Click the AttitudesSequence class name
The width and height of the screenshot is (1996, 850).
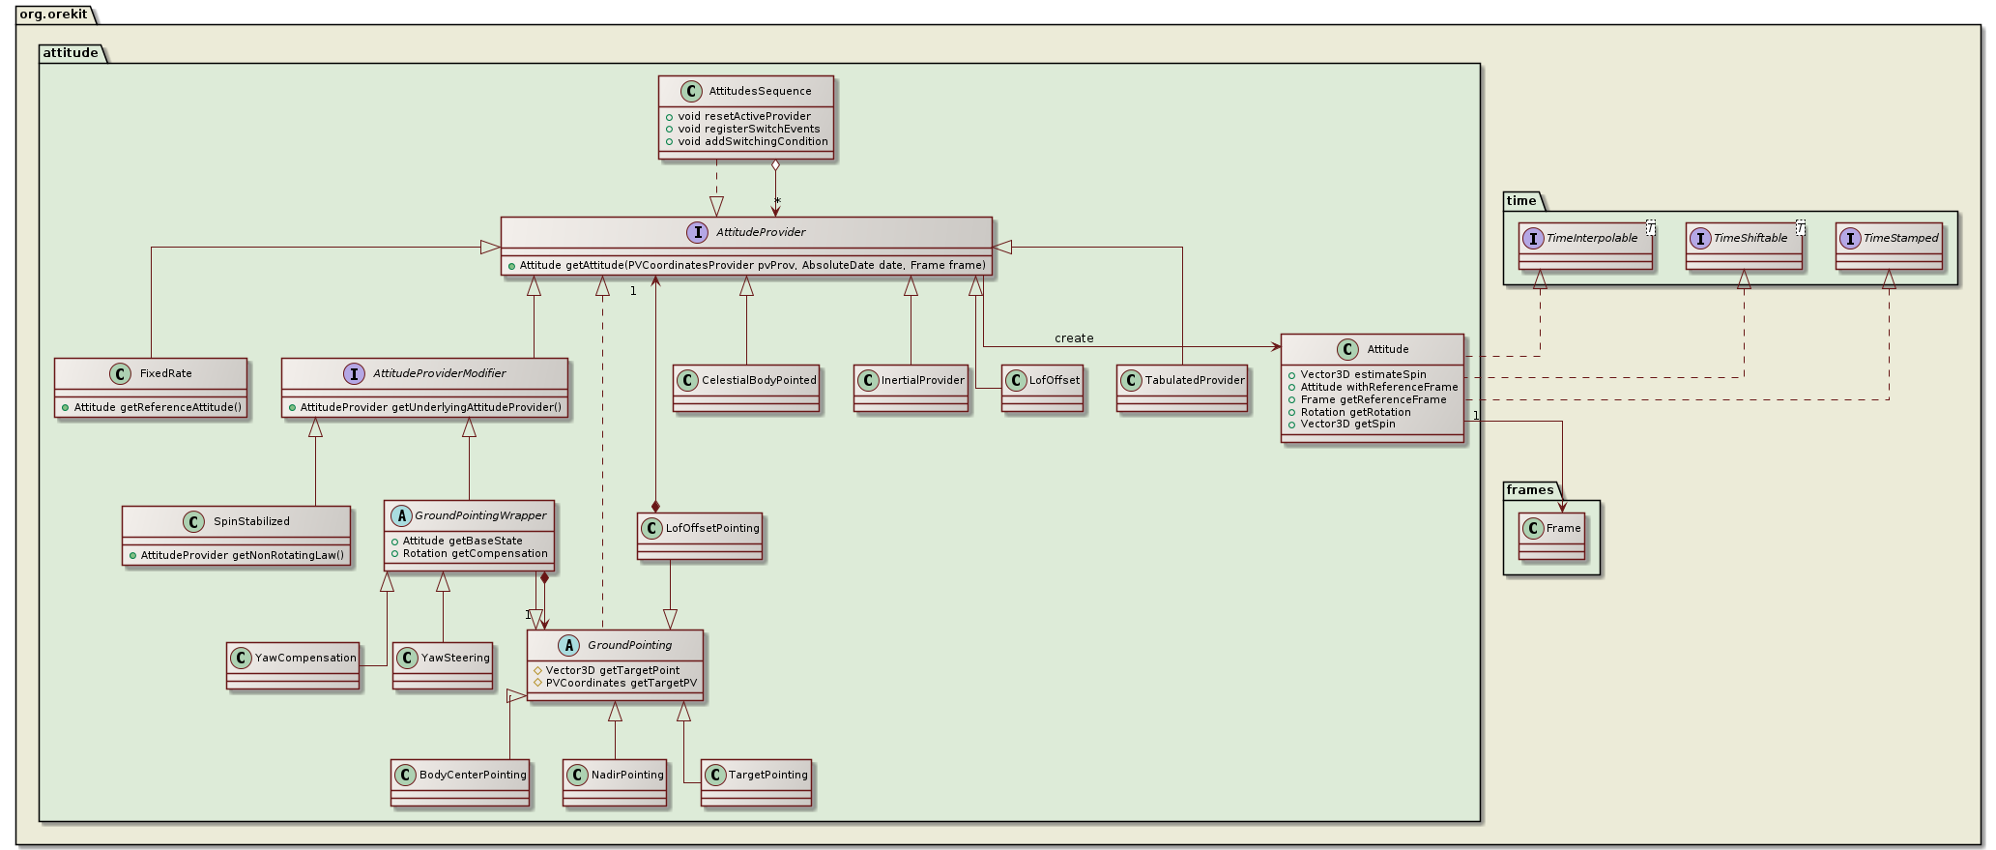(x=760, y=91)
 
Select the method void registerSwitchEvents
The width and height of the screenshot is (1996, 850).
(x=748, y=129)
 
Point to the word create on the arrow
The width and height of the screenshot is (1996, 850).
(x=1074, y=338)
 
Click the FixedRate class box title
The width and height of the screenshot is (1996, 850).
(x=165, y=373)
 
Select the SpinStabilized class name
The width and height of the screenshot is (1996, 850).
(x=251, y=521)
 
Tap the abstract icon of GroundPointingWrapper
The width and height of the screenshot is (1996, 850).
(x=399, y=515)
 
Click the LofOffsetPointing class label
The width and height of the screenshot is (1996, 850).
(x=712, y=528)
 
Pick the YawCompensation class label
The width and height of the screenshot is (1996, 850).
(x=305, y=658)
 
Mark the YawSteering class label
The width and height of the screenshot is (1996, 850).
(x=455, y=658)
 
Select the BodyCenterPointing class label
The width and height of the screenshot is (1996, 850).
(x=473, y=775)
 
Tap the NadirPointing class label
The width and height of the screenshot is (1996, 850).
(x=627, y=775)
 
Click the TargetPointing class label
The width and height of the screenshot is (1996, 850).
(x=767, y=775)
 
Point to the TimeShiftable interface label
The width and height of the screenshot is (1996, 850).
(x=1750, y=238)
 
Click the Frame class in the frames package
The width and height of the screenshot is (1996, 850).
(x=1563, y=528)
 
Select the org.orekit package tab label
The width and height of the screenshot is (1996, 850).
(x=53, y=14)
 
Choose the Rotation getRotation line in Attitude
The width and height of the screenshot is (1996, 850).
(x=1355, y=412)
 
